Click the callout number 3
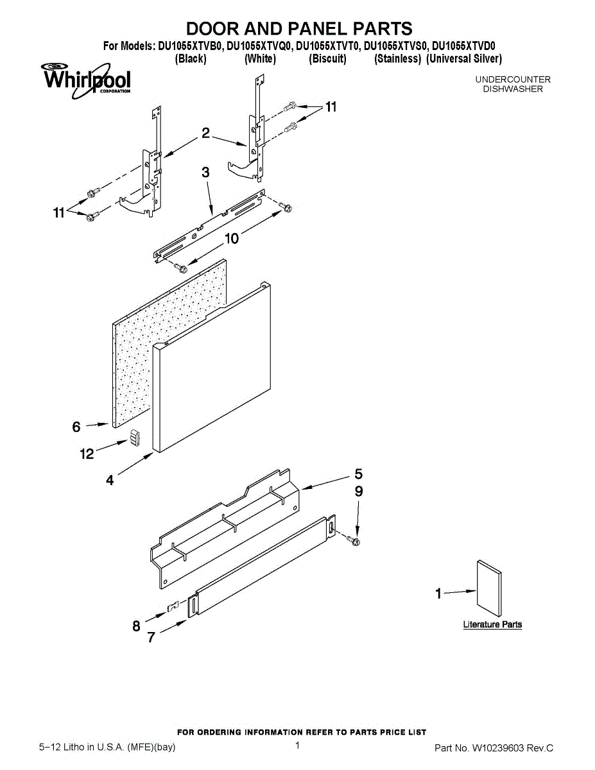tap(205, 173)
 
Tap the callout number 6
tap(76, 426)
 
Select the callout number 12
tap(87, 454)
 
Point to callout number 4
tap(110, 479)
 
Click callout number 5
tap(358, 474)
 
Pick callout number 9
tap(359, 492)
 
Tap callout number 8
tap(136, 626)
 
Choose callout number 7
tap(151, 637)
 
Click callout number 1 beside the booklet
tap(439, 594)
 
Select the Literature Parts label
tap(492, 624)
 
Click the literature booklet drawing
tap(489, 588)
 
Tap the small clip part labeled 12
tap(135, 438)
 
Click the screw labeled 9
tap(354, 542)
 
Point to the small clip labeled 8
tap(172, 606)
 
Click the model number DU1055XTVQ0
tap(260, 46)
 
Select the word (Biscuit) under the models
tap(327, 59)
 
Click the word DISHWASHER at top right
tap(513, 89)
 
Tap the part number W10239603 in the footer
tap(497, 748)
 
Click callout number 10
tap(232, 239)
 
